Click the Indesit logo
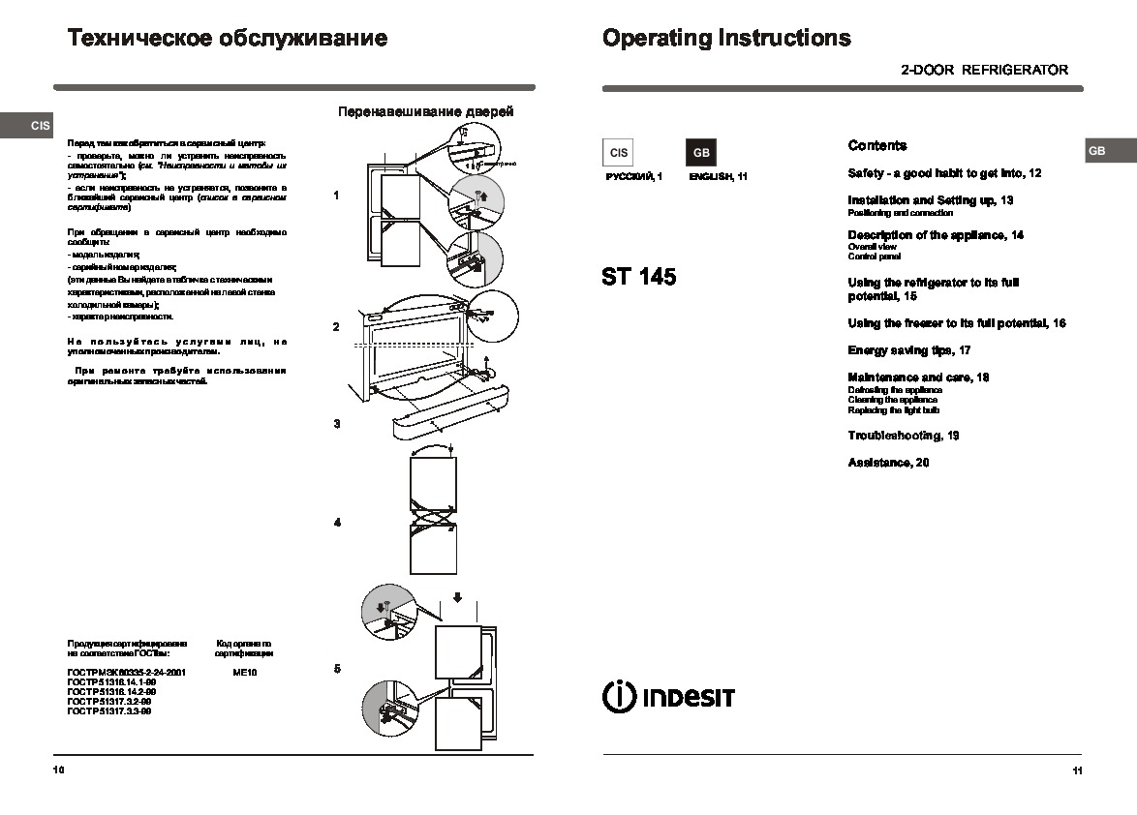(x=668, y=697)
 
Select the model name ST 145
(x=638, y=277)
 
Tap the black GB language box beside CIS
(x=701, y=153)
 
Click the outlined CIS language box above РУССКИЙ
(x=619, y=153)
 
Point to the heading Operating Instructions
(x=726, y=39)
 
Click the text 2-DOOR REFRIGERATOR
(x=984, y=70)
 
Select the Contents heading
(x=877, y=146)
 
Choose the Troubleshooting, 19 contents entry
(x=904, y=436)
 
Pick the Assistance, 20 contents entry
(x=888, y=463)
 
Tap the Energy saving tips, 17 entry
(x=909, y=350)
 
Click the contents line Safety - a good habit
(x=944, y=173)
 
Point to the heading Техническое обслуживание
(x=228, y=39)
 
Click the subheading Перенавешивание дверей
(x=425, y=112)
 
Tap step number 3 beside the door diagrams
(x=337, y=424)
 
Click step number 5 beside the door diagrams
(x=337, y=669)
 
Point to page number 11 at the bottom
(x=1077, y=770)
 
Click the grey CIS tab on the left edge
(x=39, y=126)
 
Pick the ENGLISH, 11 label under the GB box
(x=718, y=177)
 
